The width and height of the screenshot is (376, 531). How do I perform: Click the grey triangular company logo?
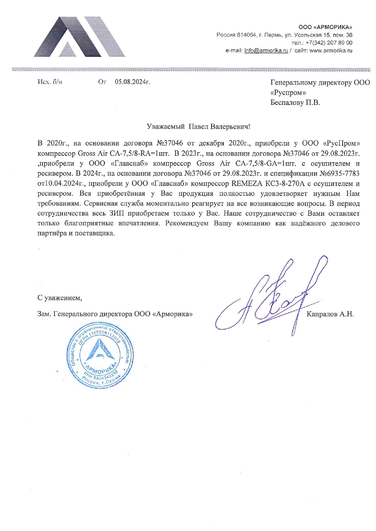(79, 37)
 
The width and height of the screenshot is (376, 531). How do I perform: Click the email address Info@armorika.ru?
(266, 51)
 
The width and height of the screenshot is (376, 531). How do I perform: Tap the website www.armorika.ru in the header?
(331, 51)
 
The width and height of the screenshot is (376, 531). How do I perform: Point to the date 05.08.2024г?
(133, 82)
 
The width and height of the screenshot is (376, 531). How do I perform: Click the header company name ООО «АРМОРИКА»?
(325, 28)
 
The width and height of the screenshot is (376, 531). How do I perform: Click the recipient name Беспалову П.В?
(295, 103)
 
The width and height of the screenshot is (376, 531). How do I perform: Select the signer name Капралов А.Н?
(330, 314)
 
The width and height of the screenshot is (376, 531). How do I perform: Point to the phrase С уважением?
(60, 298)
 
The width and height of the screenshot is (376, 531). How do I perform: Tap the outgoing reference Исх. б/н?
(50, 82)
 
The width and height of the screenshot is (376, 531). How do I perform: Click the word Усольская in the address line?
(308, 35)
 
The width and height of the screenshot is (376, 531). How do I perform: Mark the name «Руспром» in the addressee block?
(288, 93)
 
